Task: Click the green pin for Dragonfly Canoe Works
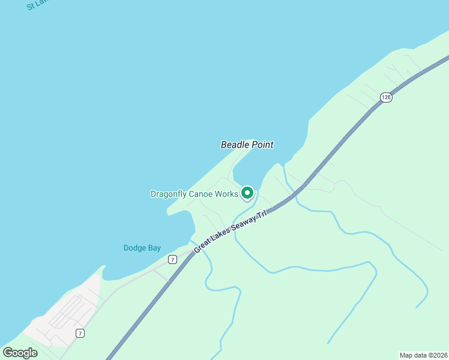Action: (247, 193)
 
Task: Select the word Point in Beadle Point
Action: (262, 145)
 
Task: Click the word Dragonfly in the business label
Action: (170, 194)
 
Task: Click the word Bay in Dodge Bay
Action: (154, 248)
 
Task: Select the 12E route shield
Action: (386, 97)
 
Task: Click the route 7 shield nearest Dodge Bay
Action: (173, 259)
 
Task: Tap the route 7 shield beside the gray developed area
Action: (80, 333)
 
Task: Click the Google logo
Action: (20, 352)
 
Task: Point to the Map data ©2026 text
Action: (423, 355)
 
